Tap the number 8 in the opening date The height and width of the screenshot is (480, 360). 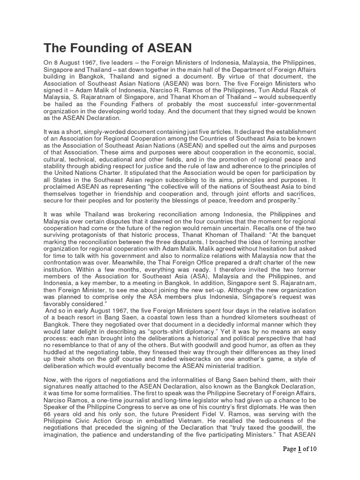pos(57,63)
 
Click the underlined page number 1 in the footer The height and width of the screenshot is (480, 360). pos(299,462)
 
